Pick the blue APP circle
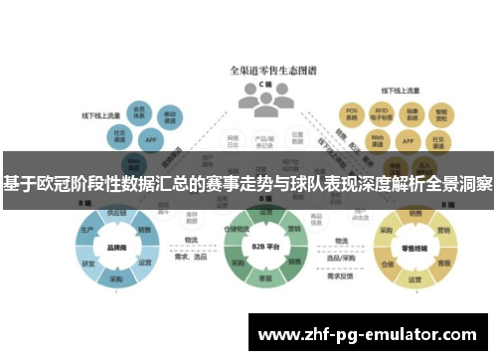pyautogui.click(x=151, y=140)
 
